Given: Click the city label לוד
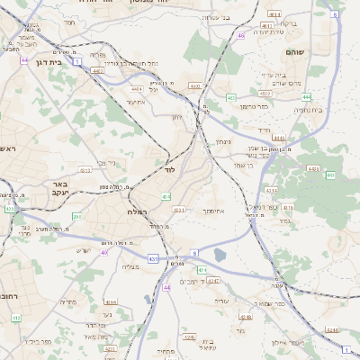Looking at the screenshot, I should pyautogui.click(x=167, y=169).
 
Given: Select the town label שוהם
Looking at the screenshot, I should pyautogui.click(x=320, y=52).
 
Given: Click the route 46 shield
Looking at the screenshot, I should pyautogui.click(x=241, y=36).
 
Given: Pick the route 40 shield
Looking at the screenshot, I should pyautogui.click(x=104, y=253).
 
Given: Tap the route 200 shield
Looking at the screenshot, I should pyautogui.click(x=76, y=217).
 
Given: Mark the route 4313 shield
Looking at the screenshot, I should pyautogui.click(x=85, y=169).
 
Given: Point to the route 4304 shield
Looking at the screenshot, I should pyautogui.click(x=111, y=302).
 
